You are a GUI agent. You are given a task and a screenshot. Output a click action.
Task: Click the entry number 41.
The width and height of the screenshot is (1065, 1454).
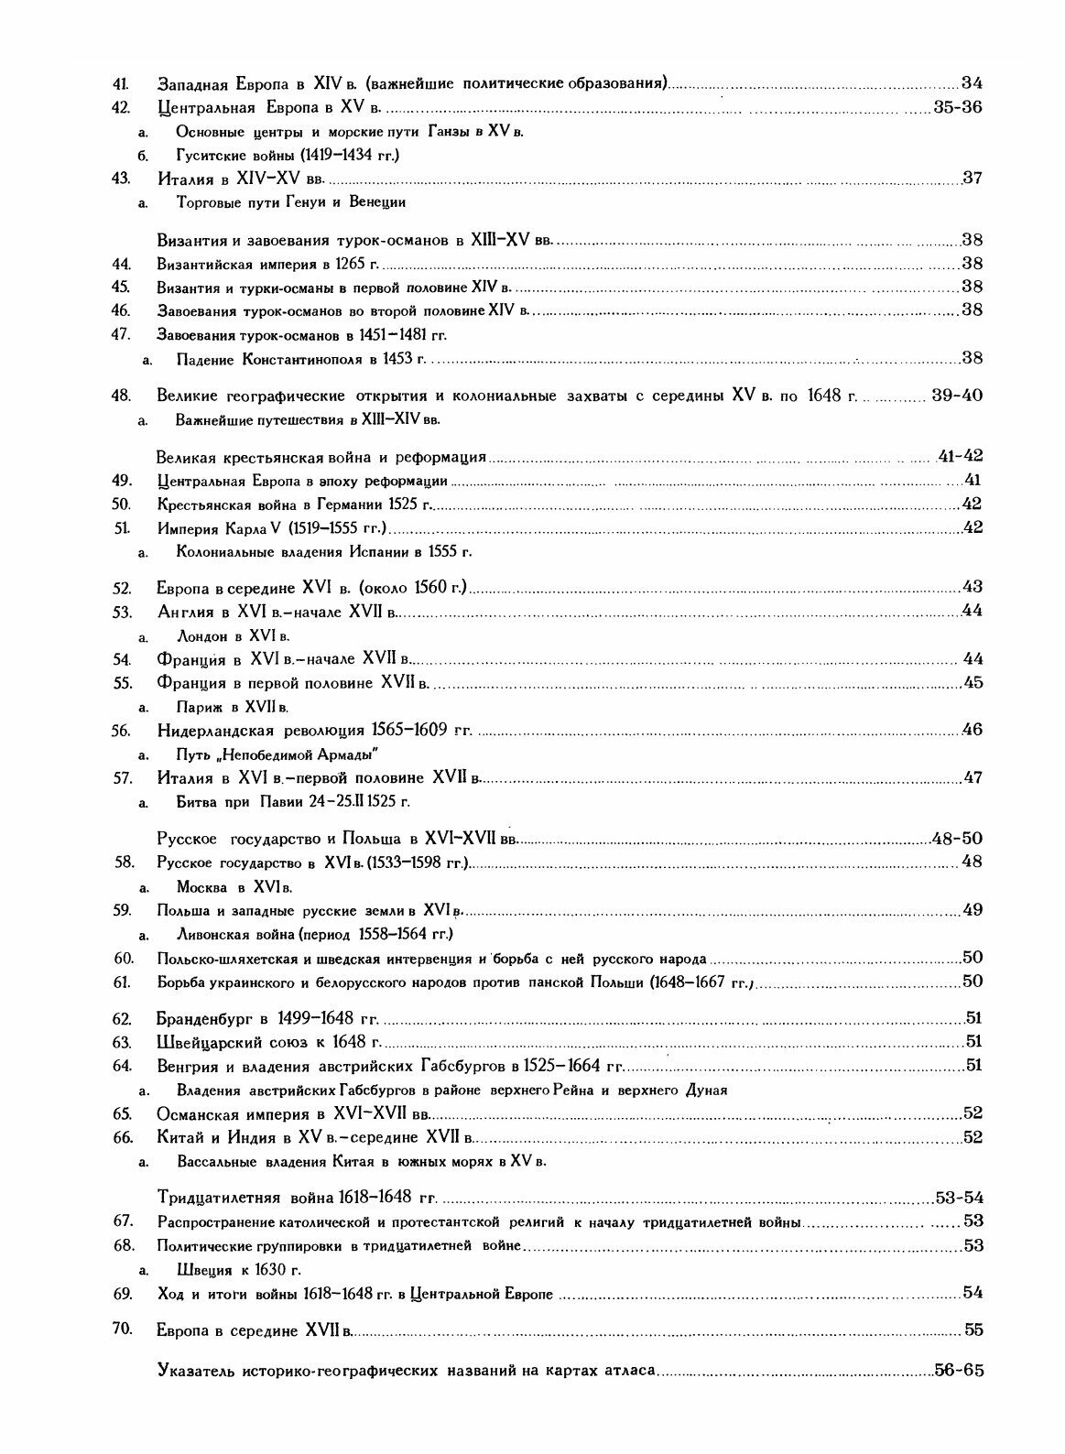119,83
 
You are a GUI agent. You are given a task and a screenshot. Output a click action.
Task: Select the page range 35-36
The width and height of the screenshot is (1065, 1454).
957,107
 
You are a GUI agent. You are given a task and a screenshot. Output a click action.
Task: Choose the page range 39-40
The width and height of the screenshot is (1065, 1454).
956,396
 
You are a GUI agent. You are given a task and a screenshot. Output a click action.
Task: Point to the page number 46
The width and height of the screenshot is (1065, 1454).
972,731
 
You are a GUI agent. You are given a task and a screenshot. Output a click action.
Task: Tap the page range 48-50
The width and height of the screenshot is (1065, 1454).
956,839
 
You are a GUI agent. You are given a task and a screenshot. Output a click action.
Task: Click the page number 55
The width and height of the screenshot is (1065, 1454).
972,1329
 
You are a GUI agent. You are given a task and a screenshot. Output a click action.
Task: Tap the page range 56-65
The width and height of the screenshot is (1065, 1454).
957,1371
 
